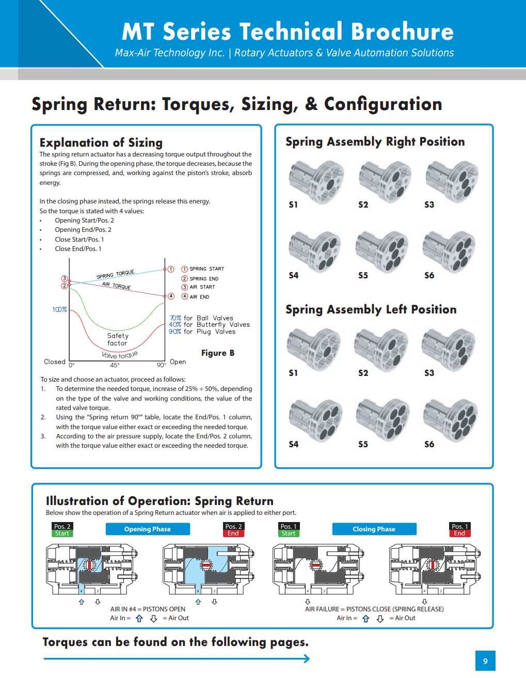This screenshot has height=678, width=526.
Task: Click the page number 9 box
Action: point(485,660)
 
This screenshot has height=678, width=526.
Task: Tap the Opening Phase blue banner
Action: point(148,529)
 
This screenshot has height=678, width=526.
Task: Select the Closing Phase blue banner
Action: point(374,529)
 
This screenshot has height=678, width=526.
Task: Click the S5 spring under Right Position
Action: point(382,251)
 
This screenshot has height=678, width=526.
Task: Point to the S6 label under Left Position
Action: point(429,444)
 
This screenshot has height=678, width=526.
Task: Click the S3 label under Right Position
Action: point(429,204)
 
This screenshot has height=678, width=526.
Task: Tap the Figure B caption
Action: point(218,353)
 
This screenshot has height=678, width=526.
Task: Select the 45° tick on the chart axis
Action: point(115,365)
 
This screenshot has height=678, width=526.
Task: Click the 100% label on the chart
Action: point(59,310)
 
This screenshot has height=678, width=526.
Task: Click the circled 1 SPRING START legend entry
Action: point(202,269)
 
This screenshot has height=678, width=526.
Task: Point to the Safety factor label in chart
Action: point(118,339)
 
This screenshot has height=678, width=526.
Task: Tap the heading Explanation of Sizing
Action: point(101,143)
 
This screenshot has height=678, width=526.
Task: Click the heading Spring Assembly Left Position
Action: point(371,309)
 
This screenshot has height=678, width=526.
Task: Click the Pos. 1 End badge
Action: point(459,530)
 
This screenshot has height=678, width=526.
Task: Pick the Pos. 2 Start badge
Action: point(62,530)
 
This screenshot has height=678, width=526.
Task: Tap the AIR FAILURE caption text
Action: point(374,609)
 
